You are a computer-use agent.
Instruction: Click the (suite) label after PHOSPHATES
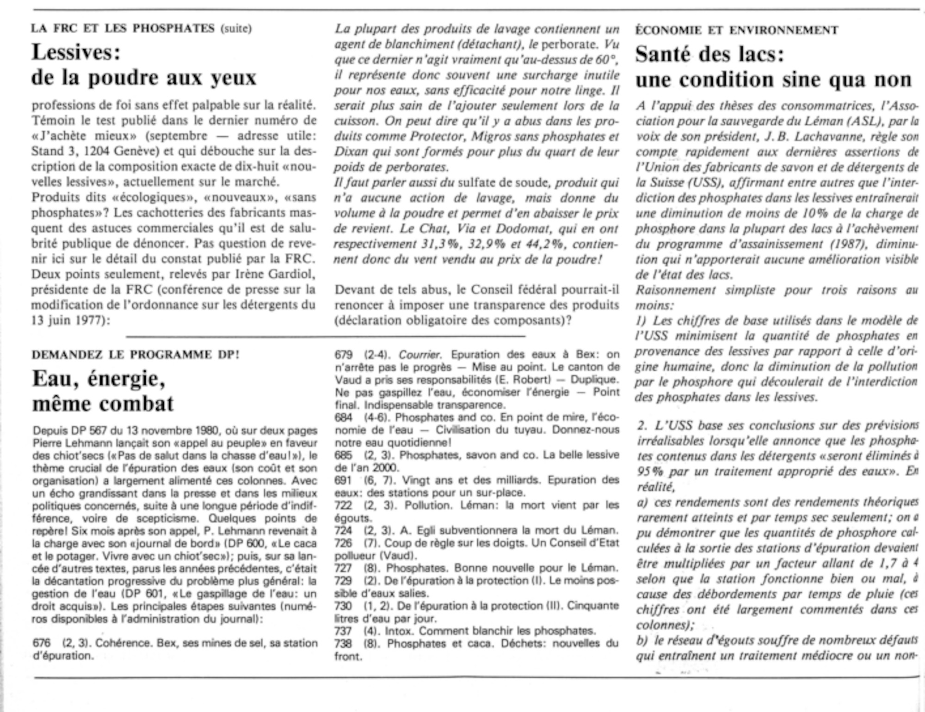pos(236,29)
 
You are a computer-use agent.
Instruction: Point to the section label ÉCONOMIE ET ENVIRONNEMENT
pos(736,31)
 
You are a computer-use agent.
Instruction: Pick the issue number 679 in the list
pos(343,355)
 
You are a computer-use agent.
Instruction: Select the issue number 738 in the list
pos(343,644)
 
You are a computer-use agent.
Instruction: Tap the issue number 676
pos(42,643)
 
